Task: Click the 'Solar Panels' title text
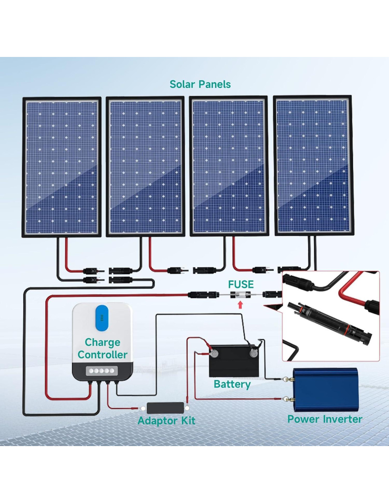coord(200,84)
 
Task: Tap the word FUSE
coord(240,284)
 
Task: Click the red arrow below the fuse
coord(240,305)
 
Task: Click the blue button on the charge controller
coord(102,318)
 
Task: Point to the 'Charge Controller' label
coord(102,348)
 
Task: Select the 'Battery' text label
coord(232,384)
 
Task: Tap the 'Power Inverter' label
coord(325,419)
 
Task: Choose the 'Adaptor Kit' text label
coord(166,421)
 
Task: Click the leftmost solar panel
coord(62,167)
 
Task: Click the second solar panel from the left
coord(145,167)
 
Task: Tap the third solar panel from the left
coord(229,166)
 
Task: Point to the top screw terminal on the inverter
coord(291,380)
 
